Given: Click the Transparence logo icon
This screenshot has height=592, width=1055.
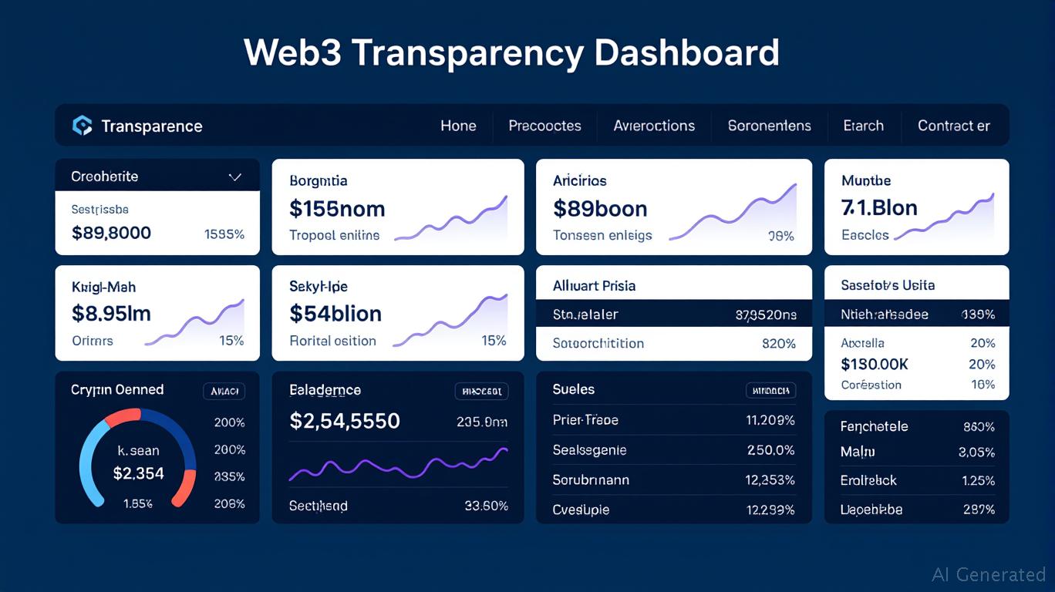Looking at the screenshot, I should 82,126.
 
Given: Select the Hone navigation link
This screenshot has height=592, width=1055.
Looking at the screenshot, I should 458,126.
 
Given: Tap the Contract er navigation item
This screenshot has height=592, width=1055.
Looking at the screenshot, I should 953,126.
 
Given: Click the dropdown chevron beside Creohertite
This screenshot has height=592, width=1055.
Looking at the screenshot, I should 235,177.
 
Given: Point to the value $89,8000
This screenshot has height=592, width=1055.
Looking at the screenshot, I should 111,233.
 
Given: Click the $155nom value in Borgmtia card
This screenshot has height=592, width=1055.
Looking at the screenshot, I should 337,209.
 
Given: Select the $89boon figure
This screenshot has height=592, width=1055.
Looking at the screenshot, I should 600,209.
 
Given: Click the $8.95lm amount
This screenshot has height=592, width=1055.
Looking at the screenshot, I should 111,314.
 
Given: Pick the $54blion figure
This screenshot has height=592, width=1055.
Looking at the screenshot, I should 335,314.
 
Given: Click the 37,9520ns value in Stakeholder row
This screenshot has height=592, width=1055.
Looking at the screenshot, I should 766,314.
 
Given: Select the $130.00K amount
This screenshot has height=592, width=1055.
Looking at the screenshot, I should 875,364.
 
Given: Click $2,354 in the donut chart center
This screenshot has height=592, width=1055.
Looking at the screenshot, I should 139,473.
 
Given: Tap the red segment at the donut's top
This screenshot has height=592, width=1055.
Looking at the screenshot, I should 122,417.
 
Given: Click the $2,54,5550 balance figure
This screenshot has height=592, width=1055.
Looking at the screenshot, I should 345,421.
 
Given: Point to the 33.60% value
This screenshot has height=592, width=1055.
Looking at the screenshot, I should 487,506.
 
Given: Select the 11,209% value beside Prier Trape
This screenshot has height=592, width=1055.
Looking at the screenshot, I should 770,420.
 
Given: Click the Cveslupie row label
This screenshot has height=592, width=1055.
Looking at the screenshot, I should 581,510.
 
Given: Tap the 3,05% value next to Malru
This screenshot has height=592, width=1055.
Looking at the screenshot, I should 976,452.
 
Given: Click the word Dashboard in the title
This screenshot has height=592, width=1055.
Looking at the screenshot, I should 687,52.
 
